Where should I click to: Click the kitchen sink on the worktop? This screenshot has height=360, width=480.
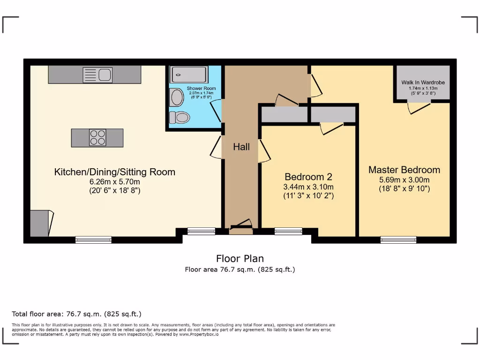(x=97, y=74)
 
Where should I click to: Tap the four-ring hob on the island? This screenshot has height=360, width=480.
(x=97, y=137)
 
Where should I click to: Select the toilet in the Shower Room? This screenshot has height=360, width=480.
(x=180, y=117)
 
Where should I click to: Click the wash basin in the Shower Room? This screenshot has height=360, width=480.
(x=177, y=97)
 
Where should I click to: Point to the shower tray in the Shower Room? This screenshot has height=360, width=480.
(x=189, y=75)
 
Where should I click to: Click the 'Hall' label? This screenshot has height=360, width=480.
(x=241, y=147)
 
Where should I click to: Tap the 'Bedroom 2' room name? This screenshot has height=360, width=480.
(x=308, y=177)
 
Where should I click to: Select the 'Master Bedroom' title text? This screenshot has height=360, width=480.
(x=404, y=170)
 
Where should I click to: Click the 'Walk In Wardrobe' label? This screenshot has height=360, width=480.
(x=423, y=82)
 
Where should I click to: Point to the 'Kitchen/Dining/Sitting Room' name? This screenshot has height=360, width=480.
(x=115, y=172)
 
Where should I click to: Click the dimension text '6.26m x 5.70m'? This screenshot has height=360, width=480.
(x=115, y=182)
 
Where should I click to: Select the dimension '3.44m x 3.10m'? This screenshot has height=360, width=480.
(x=308, y=187)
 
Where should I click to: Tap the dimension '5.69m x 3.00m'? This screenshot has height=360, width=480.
(x=404, y=180)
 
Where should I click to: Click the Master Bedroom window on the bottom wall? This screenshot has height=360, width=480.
(x=398, y=240)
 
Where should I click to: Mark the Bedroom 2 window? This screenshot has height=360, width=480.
(x=288, y=231)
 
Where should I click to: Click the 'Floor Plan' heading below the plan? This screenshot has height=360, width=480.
(x=240, y=258)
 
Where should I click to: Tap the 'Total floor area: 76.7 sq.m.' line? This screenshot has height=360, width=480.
(x=76, y=314)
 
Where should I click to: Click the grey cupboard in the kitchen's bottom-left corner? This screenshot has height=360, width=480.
(x=39, y=224)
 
